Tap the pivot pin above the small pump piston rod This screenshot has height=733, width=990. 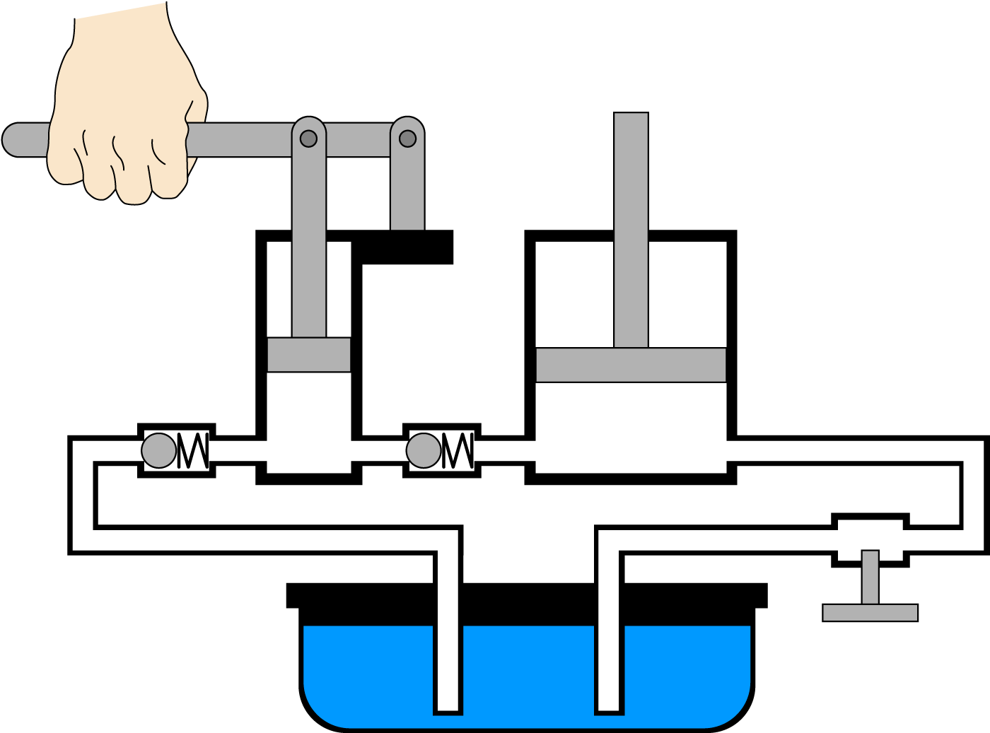(308, 139)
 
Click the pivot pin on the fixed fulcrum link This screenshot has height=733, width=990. (407, 139)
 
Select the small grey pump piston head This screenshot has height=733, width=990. (309, 355)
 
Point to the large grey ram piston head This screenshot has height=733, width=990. (631, 365)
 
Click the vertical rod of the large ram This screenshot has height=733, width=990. (631, 226)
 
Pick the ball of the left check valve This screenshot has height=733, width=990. (159, 450)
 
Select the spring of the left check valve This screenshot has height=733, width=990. (193, 450)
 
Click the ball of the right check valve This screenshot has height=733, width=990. (424, 450)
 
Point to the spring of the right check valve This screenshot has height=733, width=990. (458, 450)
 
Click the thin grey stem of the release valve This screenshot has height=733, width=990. (870, 576)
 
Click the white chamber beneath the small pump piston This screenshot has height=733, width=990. (309, 417)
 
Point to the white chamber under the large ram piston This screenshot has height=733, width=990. (631, 424)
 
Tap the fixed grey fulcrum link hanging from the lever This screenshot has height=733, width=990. (407, 191)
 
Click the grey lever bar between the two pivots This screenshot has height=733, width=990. (358, 140)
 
